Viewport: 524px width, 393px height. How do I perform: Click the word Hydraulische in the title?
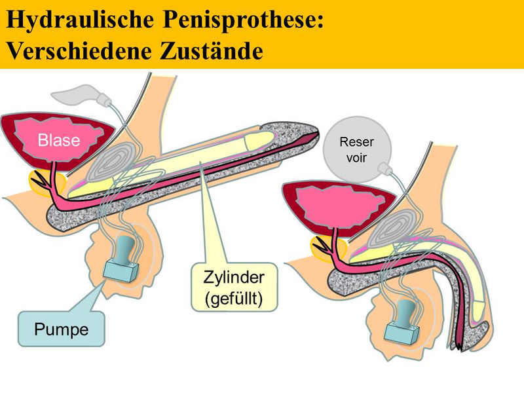pyautogui.click(x=81, y=20)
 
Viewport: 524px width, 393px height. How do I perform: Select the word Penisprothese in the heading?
pyautogui.click(x=244, y=20)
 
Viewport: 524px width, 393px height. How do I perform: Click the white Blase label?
pyautogui.click(x=59, y=140)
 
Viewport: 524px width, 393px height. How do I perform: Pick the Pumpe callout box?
pyautogui.click(x=61, y=329)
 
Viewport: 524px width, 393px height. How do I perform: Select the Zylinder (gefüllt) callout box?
pyautogui.click(x=234, y=287)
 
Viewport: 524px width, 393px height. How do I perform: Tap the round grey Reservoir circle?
pyautogui.click(x=356, y=149)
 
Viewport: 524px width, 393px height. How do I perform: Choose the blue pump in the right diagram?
pyautogui.click(x=402, y=322)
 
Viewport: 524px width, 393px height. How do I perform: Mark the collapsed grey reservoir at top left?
pyautogui.click(x=80, y=93)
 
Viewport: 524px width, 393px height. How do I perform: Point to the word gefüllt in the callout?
pyautogui.click(x=234, y=299)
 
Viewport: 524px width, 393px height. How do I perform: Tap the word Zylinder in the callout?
pyautogui.click(x=234, y=277)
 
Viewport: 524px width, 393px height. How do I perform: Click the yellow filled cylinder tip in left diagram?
pyautogui.click(x=261, y=140)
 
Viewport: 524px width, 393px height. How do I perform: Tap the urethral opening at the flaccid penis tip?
pyautogui.click(x=460, y=347)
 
